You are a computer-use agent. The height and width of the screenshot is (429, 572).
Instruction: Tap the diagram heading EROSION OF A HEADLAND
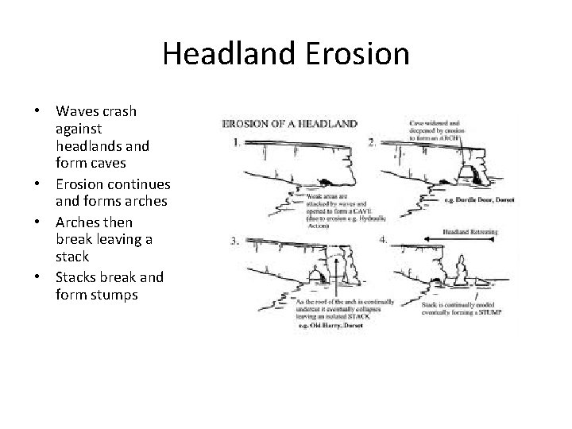(288, 124)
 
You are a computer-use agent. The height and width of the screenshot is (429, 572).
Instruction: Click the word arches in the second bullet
(145, 200)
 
